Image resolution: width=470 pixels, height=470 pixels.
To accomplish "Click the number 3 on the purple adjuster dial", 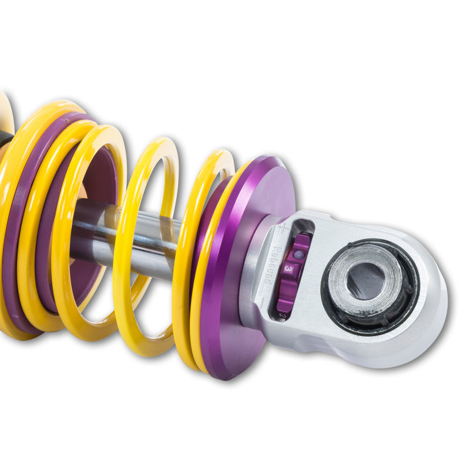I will point(289,267).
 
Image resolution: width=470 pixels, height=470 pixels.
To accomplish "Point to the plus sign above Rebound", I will point(284,226).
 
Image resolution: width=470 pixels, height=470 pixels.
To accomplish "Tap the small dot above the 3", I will point(298,255).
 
